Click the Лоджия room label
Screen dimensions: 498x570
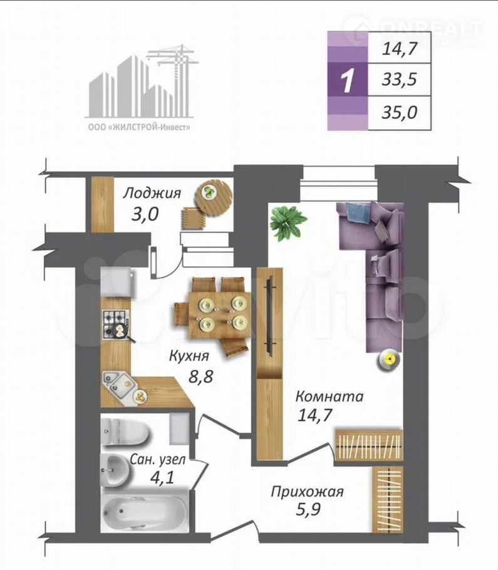click(x=152, y=193)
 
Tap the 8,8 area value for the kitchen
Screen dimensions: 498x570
click(x=200, y=376)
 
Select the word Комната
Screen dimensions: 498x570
click(x=329, y=396)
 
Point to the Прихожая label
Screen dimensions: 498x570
click(x=307, y=492)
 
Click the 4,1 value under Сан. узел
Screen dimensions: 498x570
click(x=162, y=477)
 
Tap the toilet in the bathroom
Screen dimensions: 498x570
click(x=125, y=431)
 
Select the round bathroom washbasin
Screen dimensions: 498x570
click(x=115, y=469)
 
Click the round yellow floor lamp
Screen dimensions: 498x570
click(x=388, y=361)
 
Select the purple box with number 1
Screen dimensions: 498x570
click(x=348, y=80)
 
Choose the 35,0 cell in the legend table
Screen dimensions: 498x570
click(x=400, y=112)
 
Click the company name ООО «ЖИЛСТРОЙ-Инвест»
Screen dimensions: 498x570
click(x=140, y=127)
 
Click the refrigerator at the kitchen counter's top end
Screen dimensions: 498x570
click(x=117, y=282)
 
